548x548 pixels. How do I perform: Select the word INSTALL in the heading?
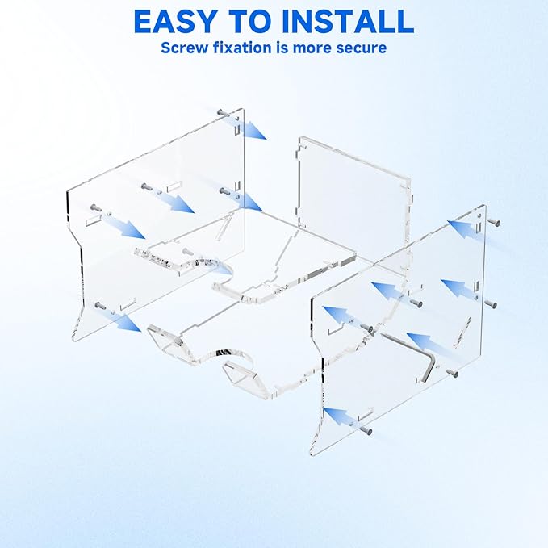point(348,22)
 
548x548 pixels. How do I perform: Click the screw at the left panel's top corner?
point(222,113)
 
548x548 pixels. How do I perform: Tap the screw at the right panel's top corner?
point(494,222)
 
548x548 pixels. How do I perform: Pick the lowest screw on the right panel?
point(366,430)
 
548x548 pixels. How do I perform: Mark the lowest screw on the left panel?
point(101,306)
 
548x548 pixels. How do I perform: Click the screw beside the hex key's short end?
point(453,373)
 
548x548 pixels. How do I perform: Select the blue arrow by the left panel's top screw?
point(245,128)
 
